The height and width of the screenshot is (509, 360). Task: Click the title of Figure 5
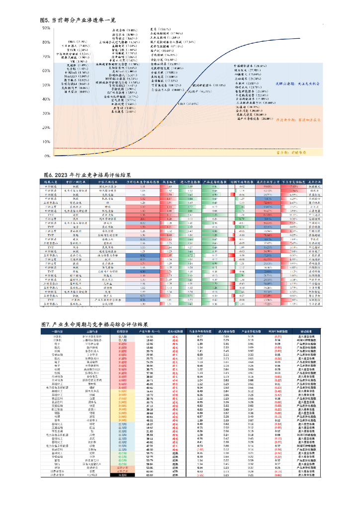[x=78, y=20]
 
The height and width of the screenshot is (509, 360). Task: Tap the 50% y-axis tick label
[x=46, y=85]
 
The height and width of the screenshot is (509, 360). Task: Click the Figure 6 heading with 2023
[x=88, y=175]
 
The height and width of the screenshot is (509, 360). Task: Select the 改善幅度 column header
[x=170, y=182]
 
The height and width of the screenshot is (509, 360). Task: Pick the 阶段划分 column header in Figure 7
[x=122, y=331]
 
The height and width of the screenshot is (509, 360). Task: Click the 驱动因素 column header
[x=303, y=331]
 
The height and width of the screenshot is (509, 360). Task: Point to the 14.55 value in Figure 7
[x=150, y=337]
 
